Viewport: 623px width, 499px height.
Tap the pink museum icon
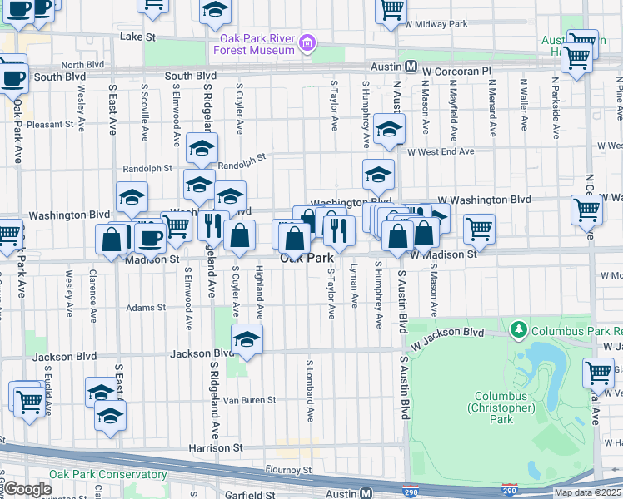coord(308,42)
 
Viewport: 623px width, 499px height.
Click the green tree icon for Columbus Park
coord(520,331)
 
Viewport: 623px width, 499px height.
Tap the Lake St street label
coord(137,37)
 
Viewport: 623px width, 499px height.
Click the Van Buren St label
coord(248,400)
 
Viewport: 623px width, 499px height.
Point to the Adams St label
coord(140,308)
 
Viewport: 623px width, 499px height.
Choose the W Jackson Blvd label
coord(446,333)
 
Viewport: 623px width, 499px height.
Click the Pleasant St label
coord(51,125)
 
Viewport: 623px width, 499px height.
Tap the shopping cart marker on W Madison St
coord(479,230)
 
